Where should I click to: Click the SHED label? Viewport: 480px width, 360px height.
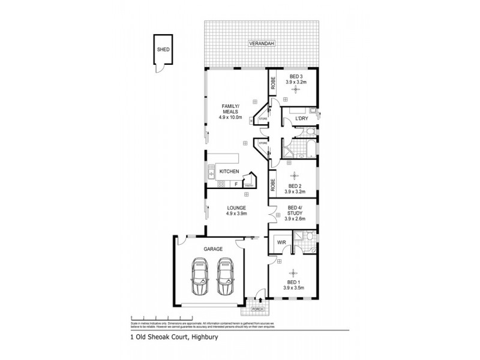point(162,51)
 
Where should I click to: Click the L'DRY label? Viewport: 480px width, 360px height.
point(301,119)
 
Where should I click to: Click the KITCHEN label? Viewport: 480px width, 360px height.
point(229,172)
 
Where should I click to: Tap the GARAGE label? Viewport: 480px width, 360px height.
point(213,248)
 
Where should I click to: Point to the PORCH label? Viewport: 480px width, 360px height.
point(257,310)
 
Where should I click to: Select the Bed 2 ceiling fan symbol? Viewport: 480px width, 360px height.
point(293,176)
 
